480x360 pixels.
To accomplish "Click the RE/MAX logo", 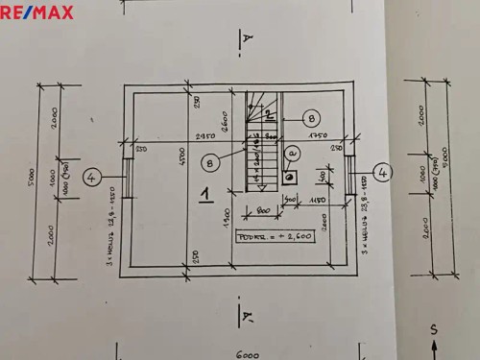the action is click(x=36, y=12).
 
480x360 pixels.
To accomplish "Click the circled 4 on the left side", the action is click(x=91, y=177).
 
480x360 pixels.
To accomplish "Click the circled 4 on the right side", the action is click(x=382, y=173).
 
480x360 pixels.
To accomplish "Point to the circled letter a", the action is click(x=293, y=153).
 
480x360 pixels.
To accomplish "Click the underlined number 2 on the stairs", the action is click(x=270, y=115).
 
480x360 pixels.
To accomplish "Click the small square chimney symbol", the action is click(x=289, y=177).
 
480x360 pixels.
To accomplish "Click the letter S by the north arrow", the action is click(x=435, y=329).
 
